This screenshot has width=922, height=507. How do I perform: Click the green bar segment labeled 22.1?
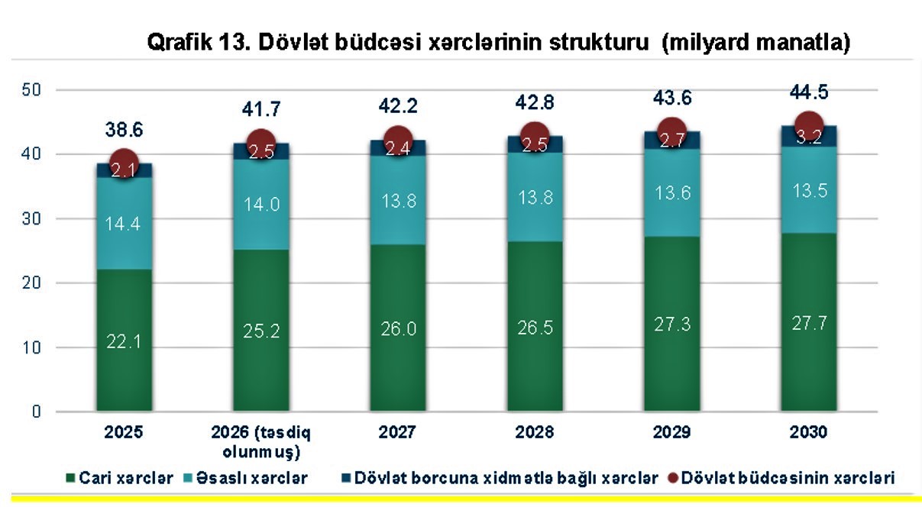(x=123, y=340)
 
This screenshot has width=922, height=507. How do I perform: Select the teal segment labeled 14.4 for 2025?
(x=123, y=224)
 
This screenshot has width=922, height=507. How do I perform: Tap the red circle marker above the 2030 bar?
(x=809, y=125)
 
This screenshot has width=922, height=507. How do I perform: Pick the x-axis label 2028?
(x=534, y=432)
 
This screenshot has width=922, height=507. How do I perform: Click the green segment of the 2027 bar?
(x=397, y=328)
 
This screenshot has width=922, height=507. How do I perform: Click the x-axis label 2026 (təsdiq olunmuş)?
(x=260, y=441)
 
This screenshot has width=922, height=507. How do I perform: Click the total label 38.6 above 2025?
(x=125, y=131)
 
